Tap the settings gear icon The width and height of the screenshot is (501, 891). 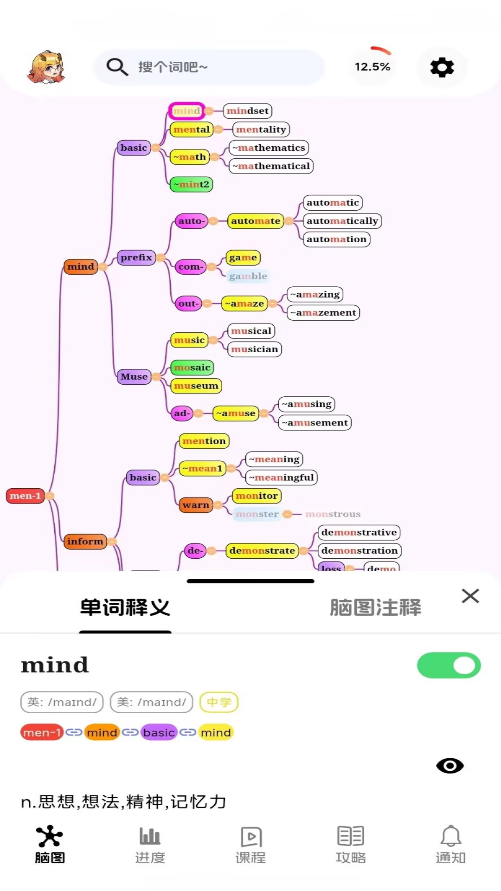(x=442, y=67)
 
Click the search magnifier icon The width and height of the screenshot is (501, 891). (x=117, y=67)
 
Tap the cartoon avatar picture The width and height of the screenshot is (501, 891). (x=46, y=67)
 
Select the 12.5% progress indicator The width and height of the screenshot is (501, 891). (x=372, y=67)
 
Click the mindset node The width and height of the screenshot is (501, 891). (x=247, y=111)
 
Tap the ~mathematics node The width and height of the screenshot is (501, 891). (x=269, y=148)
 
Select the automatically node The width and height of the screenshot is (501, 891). (x=342, y=221)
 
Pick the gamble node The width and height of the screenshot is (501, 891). (x=248, y=276)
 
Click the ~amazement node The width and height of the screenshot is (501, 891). (x=323, y=313)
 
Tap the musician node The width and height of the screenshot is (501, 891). (x=254, y=349)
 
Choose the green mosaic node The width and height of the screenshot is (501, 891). (x=192, y=368)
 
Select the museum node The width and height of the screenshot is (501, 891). (x=196, y=386)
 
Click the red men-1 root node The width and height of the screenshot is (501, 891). (x=25, y=496)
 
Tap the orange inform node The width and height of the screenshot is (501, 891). (x=85, y=541)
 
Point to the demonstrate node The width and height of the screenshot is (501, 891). (x=262, y=551)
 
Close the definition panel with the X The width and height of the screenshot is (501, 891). (x=470, y=596)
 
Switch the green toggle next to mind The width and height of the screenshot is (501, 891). (x=449, y=665)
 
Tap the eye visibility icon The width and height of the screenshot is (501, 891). (x=450, y=766)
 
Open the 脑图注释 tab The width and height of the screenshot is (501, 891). (x=375, y=607)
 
